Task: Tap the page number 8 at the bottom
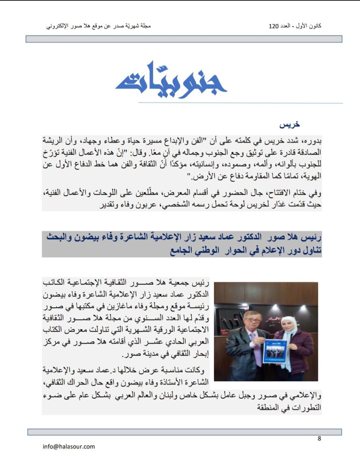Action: pos(319,438)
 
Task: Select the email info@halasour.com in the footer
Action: pos(69,446)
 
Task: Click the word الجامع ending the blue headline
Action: pos(182,251)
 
